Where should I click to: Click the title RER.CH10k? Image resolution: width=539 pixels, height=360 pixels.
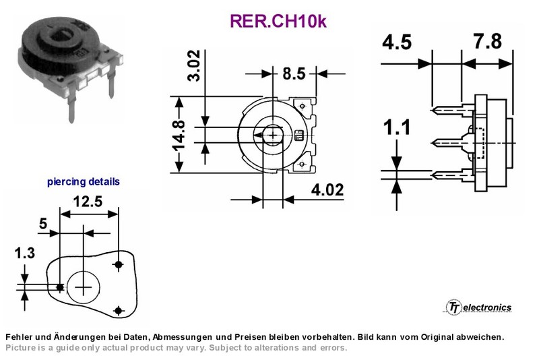(278, 21)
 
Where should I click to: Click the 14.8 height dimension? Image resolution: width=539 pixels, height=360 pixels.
(179, 136)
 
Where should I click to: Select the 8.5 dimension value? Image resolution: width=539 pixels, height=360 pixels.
(294, 73)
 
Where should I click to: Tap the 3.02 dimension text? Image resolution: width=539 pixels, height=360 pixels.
(193, 65)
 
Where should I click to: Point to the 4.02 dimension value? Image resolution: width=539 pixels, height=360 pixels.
(327, 190)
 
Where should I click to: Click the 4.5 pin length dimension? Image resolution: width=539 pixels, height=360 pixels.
(397, 42)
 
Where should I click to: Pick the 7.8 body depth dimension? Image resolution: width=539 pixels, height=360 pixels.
(488, 42)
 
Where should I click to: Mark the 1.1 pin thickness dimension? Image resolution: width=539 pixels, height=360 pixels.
(397, 127)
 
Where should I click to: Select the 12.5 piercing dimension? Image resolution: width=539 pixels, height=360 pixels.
(88, 202)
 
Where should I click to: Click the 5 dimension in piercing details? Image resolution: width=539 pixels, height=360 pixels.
(43, 224)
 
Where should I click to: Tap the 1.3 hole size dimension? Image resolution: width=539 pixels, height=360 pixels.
(24, 253)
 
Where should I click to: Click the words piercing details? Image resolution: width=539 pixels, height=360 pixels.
(84, 181)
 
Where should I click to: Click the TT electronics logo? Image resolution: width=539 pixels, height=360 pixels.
(479, 307)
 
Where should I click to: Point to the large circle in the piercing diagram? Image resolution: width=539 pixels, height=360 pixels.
(83, 270)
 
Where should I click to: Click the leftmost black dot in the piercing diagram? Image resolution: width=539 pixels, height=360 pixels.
(60, 287)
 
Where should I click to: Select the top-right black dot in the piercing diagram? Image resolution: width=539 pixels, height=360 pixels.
(119, 264)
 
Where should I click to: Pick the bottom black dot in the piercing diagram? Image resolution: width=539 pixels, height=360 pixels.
(119, 311)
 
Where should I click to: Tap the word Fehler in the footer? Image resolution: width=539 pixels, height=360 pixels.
(18, 337)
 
